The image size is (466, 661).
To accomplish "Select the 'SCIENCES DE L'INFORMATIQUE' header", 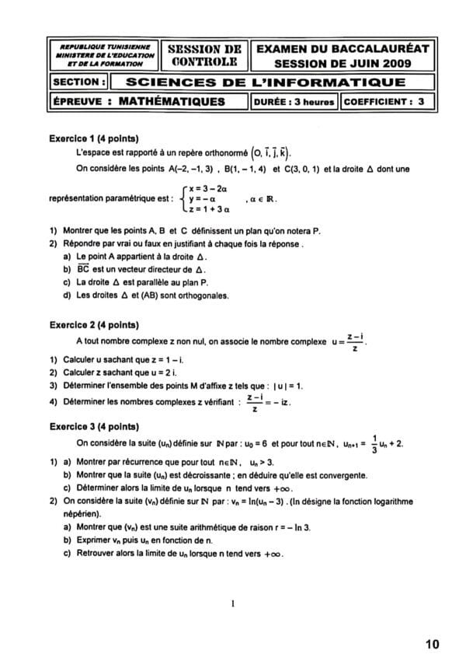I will pos(265,82).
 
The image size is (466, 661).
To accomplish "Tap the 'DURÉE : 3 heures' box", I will pos(294,102).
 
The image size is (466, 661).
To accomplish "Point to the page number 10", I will pos(433,644).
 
